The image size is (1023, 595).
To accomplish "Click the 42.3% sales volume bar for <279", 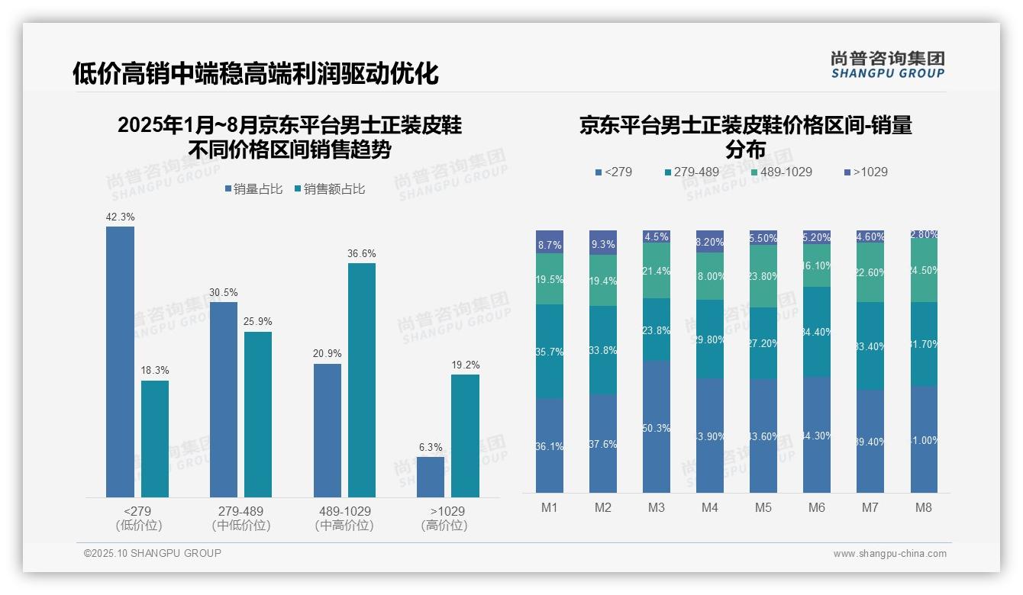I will pos(120,362).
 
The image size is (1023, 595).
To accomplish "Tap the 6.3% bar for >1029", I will pos(431,477).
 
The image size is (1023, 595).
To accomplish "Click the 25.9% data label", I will pos(258,321).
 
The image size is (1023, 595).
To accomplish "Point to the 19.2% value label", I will pos(465,365).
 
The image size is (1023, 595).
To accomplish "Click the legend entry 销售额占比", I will pos(329,189).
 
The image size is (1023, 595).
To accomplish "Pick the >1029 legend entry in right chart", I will pos(866,172).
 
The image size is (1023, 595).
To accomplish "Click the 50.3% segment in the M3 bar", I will pos(657,426).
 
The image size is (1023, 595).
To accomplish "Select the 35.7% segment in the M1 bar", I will pos(550,352).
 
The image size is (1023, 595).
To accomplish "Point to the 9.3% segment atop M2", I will pos(603,243).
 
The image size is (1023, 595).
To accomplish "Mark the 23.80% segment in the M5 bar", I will pos(763,276).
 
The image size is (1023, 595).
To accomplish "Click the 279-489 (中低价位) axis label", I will pos(241,518).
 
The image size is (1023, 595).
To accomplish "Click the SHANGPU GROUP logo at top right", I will pos(887,65).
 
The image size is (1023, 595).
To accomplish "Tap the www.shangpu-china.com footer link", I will pos(889,554).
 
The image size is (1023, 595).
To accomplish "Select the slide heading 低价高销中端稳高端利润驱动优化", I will pos(256,74).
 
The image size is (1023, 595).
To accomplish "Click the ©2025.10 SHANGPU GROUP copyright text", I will pos(153,554).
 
